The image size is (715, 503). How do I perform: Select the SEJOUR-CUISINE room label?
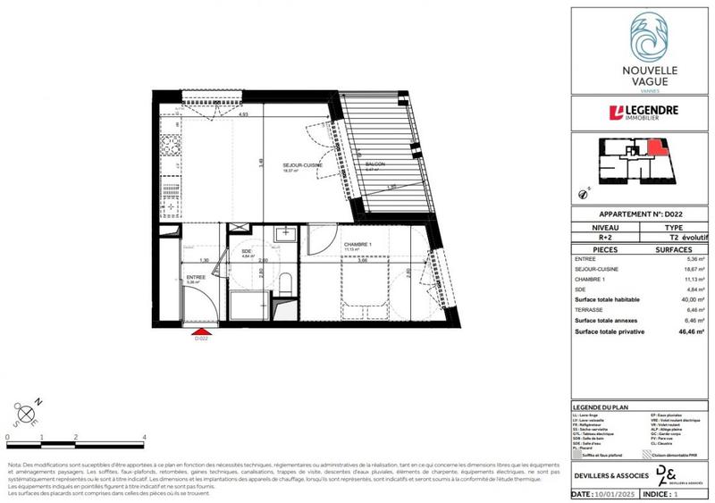point(302,165)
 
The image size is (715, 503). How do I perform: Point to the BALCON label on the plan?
point(375,165)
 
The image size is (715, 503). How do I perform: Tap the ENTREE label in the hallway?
point(196,277)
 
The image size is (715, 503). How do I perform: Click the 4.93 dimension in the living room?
point(242,114)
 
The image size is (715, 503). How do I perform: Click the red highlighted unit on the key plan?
point(657,147)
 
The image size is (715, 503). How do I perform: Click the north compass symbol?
point(25,412)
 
